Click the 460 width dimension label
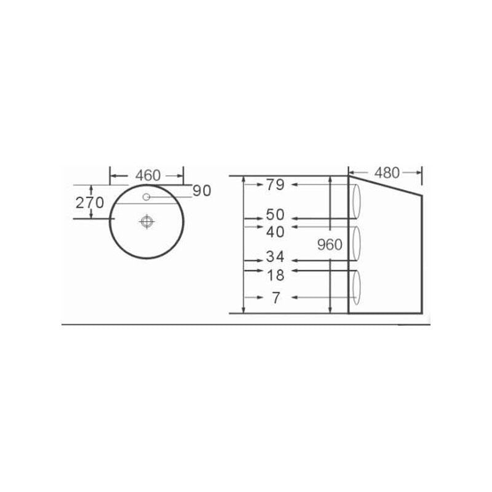point(148,175)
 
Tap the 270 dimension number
point(90,203)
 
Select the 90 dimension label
point(202,191)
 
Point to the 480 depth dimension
point(387,173)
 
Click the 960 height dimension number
point(330,244)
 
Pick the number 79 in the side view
point(275,184)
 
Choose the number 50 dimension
point(275,215)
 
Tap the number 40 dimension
point(275,232)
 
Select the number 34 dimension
point(275,256)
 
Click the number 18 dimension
point(275,276)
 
